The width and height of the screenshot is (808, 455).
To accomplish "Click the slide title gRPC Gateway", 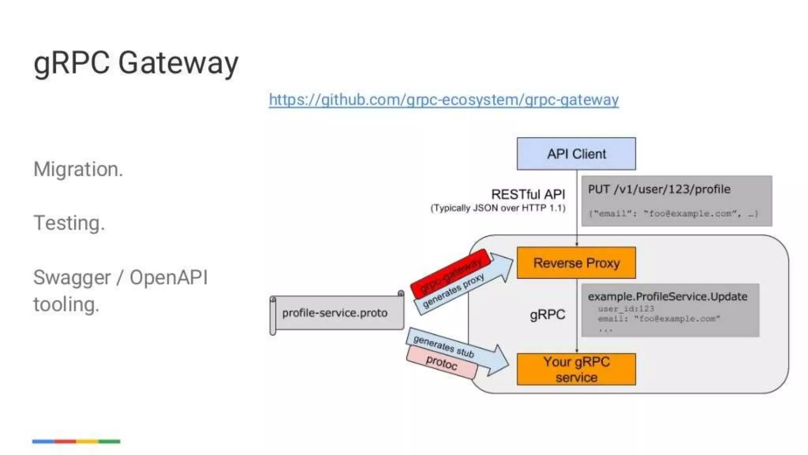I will tap(136, 63).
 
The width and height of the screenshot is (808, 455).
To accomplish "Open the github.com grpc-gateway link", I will tap(443, 100).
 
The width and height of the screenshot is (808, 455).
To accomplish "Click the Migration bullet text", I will tap(78, 169).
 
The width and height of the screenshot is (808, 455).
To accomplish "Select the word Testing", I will tap(69, 223).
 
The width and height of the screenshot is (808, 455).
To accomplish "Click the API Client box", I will tap(576, 154).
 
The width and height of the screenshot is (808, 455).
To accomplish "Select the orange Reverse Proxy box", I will tap(576, 263).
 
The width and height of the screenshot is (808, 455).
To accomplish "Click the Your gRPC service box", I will tap(576, 369).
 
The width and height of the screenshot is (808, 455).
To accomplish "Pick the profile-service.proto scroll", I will tap(335, 313).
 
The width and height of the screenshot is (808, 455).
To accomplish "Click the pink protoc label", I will tap(441, 362).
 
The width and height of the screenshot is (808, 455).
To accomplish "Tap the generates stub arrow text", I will tap(444, 346).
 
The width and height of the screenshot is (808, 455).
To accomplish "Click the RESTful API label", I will tap(528, 194).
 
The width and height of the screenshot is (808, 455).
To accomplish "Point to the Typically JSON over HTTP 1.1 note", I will tap(498, 208).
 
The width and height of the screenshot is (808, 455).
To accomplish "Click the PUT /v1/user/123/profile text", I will tap(659, 189).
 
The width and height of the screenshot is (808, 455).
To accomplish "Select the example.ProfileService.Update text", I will tap(668, 297).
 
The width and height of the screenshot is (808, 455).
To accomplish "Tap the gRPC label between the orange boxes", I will tap(547, 315).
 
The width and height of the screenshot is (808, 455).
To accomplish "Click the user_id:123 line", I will tap(626, 308).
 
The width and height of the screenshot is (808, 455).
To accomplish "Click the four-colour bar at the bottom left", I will tap(76, 441).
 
